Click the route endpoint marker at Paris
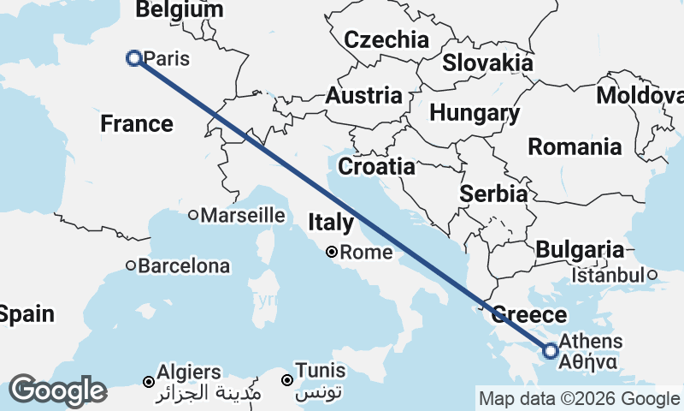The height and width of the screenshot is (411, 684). click(x=134, y=58)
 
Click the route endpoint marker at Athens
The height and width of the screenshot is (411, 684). click(x=551, y=350)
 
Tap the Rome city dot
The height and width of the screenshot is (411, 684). click(x=333, y=253)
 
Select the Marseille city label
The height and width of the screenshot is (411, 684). click(x=243, y=215)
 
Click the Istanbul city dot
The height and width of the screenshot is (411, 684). click(x=652, y=275)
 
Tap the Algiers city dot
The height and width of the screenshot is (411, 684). click(x=149, y=381)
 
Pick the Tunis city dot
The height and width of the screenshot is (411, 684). click(x=288, y=379)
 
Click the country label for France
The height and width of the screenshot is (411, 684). click(x=137, y=124)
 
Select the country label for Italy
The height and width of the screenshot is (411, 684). click(x=331, y=223)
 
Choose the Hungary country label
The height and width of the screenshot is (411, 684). click(x=475, y=113)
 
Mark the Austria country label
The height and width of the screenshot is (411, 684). click(x=363, y=95)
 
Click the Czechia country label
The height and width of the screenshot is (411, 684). click(x=386, y=39)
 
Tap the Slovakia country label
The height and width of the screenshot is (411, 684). click(x=487, y=63)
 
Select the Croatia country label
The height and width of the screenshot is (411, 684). click(x=376, y=165)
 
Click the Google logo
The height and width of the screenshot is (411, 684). click(x=57, y=390)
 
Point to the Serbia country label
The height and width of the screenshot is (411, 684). click(x=493, y=194)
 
